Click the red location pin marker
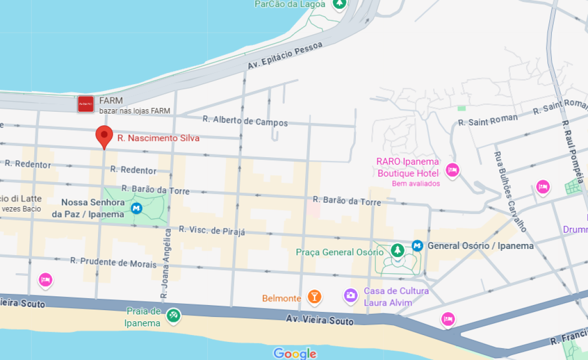104,136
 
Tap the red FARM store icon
86,104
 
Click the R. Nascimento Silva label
158,138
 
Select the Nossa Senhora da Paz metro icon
137,209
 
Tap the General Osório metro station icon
417,245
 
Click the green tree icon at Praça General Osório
397,250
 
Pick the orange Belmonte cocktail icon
314,296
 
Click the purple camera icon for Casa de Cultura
350,294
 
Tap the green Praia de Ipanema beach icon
173,315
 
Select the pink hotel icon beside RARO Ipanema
452,170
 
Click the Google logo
294,353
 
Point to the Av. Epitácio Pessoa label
285,55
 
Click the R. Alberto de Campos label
245,120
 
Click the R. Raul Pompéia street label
572,152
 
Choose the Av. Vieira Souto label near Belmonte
319,320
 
